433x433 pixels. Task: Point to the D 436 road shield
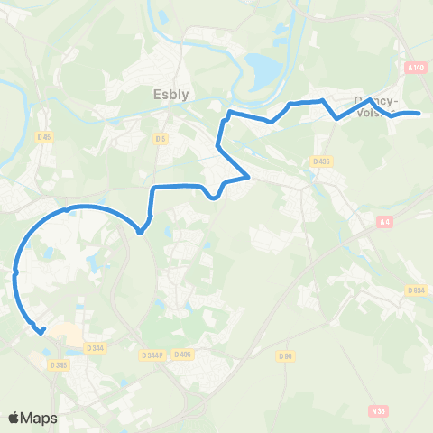322,161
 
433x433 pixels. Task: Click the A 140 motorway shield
415,68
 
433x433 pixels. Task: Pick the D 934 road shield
415,290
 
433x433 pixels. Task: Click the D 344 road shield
96,347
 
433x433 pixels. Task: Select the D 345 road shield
61,364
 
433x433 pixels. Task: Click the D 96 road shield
287,356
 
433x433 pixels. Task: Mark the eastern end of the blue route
419,114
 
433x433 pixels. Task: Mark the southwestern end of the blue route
42,331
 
